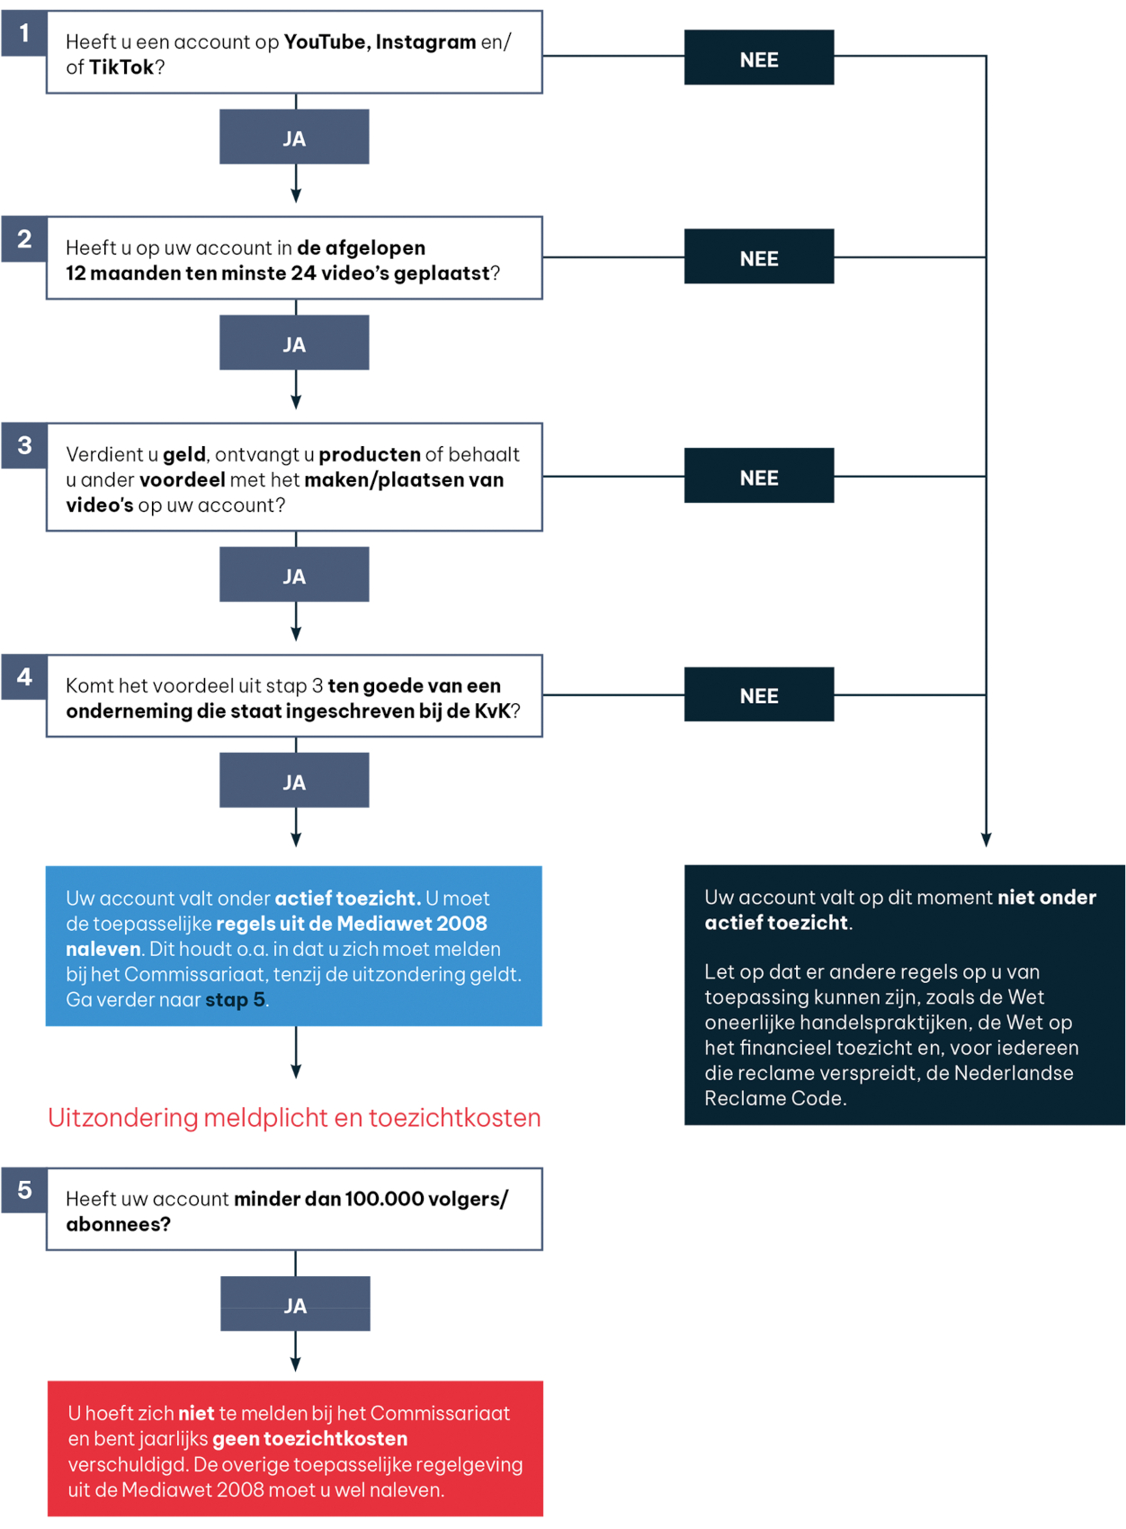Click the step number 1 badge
coord(24,32)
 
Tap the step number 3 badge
coord(24,445)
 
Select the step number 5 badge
coord(24,1190)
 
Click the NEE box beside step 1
coord(759,58)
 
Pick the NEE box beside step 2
coord(759,256)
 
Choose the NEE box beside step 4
coord(759,694)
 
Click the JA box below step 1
coord(294,137)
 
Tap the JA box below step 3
coord(294,574)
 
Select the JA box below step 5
coord(296,1304)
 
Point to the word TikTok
coord(121,67)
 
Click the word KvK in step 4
coord(492,711)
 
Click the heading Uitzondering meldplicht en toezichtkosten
coord(294,1118)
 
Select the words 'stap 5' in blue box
coord(235,1001)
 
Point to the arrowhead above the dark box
coord(986,839)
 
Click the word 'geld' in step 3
coord(184,455)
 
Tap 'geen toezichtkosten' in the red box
coord(309,1439)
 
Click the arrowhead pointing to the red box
coord(296,1364)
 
